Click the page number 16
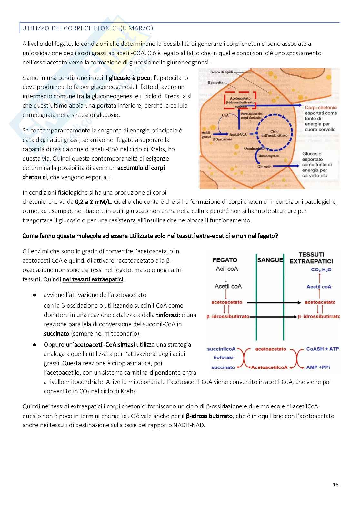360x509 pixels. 335,485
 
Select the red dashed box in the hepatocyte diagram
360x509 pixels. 240,100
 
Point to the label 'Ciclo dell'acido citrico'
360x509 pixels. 274,133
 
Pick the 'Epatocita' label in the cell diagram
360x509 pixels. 215,83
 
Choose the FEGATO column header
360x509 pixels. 225,260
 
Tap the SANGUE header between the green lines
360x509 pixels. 270,260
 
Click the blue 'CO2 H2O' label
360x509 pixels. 321,269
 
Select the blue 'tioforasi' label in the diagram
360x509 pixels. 223,357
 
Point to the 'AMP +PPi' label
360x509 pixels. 318,367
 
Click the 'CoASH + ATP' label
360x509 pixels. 322,349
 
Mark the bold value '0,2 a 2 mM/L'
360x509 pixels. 93,202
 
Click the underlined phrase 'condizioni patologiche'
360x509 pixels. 305,202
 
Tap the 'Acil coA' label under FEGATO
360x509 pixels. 227,269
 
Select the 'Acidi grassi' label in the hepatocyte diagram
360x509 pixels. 206,135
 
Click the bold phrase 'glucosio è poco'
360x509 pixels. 129,78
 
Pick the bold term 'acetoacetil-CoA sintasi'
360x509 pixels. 105,345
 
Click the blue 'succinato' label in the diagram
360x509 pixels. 223,367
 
